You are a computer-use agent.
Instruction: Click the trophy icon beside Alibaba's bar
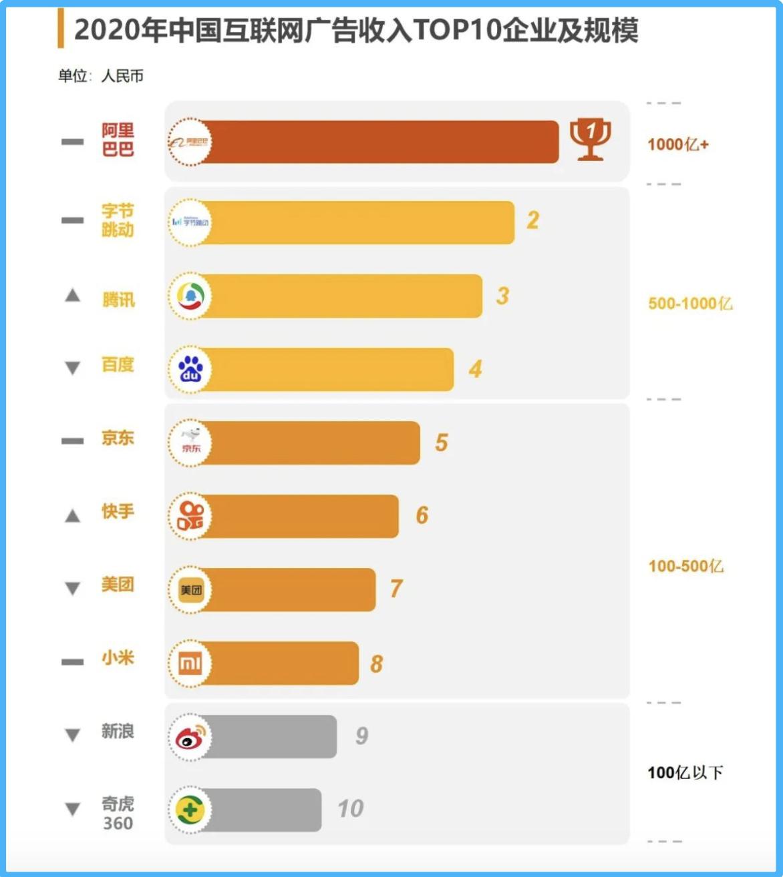590,139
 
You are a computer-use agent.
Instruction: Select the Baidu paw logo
191,369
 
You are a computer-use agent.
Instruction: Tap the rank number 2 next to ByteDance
532,220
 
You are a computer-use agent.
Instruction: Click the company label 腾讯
118,300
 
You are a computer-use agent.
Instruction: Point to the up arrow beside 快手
72,515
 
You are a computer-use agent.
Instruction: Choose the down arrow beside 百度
72,368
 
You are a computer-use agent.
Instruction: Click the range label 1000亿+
677,144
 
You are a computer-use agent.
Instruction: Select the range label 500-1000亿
690,304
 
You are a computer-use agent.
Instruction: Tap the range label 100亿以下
685,773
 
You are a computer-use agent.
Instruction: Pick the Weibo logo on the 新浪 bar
190,737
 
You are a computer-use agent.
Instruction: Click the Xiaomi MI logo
190,663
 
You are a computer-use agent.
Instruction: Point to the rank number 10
350,809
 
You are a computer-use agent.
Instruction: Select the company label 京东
118,438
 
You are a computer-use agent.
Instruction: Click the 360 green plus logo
190,810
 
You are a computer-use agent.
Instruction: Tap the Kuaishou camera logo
190,516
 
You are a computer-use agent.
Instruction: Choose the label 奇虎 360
118,813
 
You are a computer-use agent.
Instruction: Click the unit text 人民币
122,76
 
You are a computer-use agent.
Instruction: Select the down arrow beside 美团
72,588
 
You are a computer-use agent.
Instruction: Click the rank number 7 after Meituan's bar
396,589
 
